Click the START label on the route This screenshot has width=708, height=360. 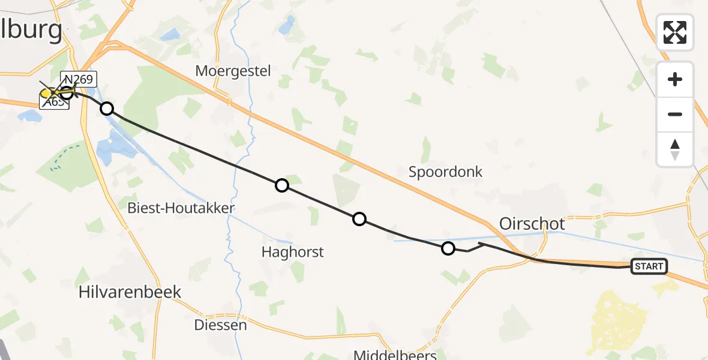(649, 266)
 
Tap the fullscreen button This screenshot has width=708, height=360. (675, 32)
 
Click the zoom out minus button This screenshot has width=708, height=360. (675, 114)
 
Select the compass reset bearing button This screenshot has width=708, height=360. (675, 149)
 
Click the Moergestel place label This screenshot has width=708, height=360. (233, 71)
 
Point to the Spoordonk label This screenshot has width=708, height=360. (445, 172)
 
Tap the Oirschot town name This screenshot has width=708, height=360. (532, 224)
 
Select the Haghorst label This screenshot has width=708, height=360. (292, 252)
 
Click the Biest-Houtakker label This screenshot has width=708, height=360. (181, 208)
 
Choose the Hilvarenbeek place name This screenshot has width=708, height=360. (130, 292)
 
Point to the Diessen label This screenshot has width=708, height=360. (220, 325)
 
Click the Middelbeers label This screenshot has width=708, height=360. (395, 355)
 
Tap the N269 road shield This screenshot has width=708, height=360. (78, 79)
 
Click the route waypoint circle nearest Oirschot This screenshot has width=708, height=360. (448, 248)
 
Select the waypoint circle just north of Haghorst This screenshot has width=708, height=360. (359, 219)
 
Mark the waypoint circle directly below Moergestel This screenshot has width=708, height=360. (281, 185)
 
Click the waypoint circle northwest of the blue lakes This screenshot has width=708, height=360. (106, 109)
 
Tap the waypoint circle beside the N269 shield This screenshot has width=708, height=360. (67, 93)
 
